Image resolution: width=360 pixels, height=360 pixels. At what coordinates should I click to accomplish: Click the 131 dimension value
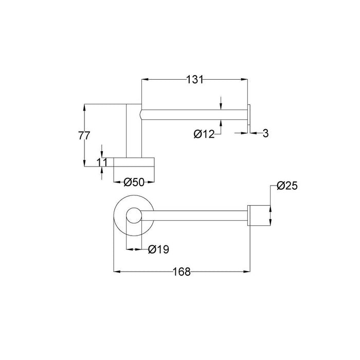coord(195,79)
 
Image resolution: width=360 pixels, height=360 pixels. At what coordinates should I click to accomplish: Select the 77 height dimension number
coord(84,135)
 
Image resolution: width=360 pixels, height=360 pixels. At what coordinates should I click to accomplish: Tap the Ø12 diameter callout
coord(204,134)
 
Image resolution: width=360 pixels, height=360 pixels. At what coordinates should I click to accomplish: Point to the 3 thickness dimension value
coord(265,133)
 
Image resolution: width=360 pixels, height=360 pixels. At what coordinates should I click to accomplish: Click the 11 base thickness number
coord(102,163)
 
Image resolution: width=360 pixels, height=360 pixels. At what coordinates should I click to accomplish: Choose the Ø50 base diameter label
coord(134,182)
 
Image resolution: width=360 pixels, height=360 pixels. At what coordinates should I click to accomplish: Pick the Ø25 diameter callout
coord(287,186)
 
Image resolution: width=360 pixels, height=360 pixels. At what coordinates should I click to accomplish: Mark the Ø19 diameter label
coord(158,249)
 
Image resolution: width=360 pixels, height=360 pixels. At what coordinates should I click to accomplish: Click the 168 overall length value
coord(182,272)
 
